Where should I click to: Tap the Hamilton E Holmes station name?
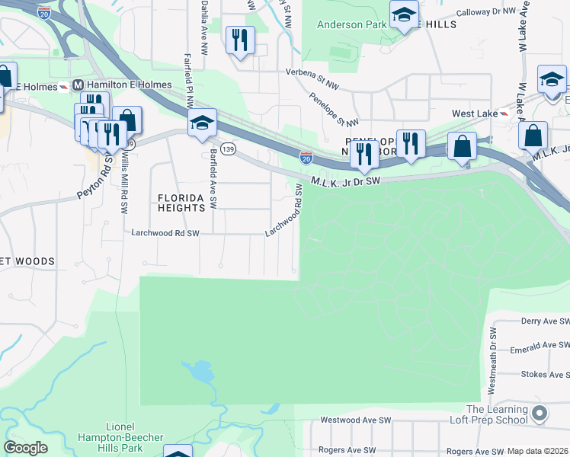(119, 85)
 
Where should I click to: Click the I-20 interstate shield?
(306, 158)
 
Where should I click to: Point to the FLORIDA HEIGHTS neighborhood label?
(181, 203)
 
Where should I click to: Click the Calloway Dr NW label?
(492, 13)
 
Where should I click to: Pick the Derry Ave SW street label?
(544, 321)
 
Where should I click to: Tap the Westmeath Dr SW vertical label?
(493, 361)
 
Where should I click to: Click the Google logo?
(25, 448)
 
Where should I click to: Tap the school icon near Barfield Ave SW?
(202, 123)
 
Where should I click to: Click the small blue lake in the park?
(199, 372)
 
